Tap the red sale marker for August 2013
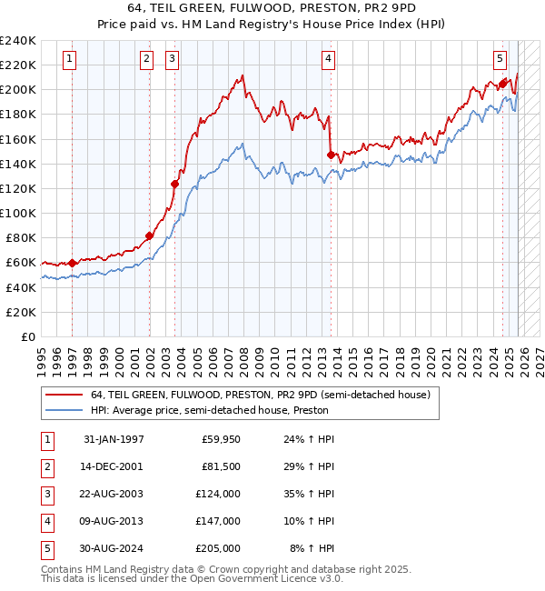pos(331,155)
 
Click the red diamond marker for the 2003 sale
pos(175,184)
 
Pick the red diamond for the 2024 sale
pos(502,84)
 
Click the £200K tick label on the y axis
pos(18,90)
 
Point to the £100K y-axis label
pos(18,213)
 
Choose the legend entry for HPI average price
pos(209,410)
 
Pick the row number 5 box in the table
pos(46,548)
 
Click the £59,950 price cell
pos(220,439)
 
